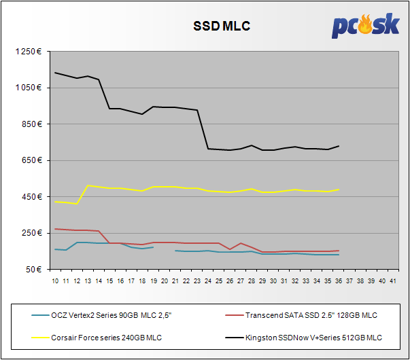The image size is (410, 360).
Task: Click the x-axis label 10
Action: tap(55, 279)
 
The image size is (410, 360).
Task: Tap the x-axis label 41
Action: tap(393, 279)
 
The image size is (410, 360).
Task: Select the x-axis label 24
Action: tap(207, 279)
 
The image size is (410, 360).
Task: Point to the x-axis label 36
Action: tap(339, 279)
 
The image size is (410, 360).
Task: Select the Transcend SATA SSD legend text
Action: tap(311, 315)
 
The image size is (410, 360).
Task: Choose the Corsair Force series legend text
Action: tap(107, 337)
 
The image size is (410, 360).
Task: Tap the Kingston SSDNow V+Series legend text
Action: tap(313, 337)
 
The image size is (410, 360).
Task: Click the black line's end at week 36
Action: tap(339, 145)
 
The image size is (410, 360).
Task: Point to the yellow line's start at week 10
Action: tap(55, 201)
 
